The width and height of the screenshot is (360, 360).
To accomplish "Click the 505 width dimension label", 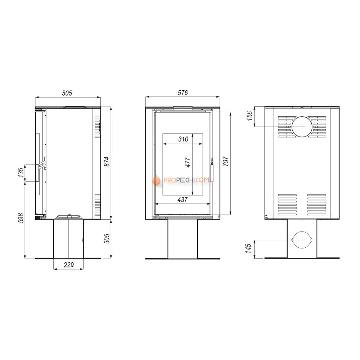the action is pos(67,93).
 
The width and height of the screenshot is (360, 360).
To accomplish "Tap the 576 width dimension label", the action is pos(183,93).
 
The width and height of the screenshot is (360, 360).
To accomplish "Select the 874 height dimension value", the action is pos(107,161).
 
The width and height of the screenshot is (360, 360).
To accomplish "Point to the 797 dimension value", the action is pos(226,161).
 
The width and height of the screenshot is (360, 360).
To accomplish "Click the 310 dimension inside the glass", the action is pos(183,139).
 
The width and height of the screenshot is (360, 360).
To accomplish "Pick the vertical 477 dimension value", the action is pos(188,163).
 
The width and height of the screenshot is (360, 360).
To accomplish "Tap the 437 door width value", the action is pos(183,200).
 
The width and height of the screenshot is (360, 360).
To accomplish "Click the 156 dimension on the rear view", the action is pos(249,116).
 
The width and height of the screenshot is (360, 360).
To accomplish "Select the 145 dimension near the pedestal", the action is pos(248,249).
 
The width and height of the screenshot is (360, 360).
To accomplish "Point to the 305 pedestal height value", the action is pos(107,239).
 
